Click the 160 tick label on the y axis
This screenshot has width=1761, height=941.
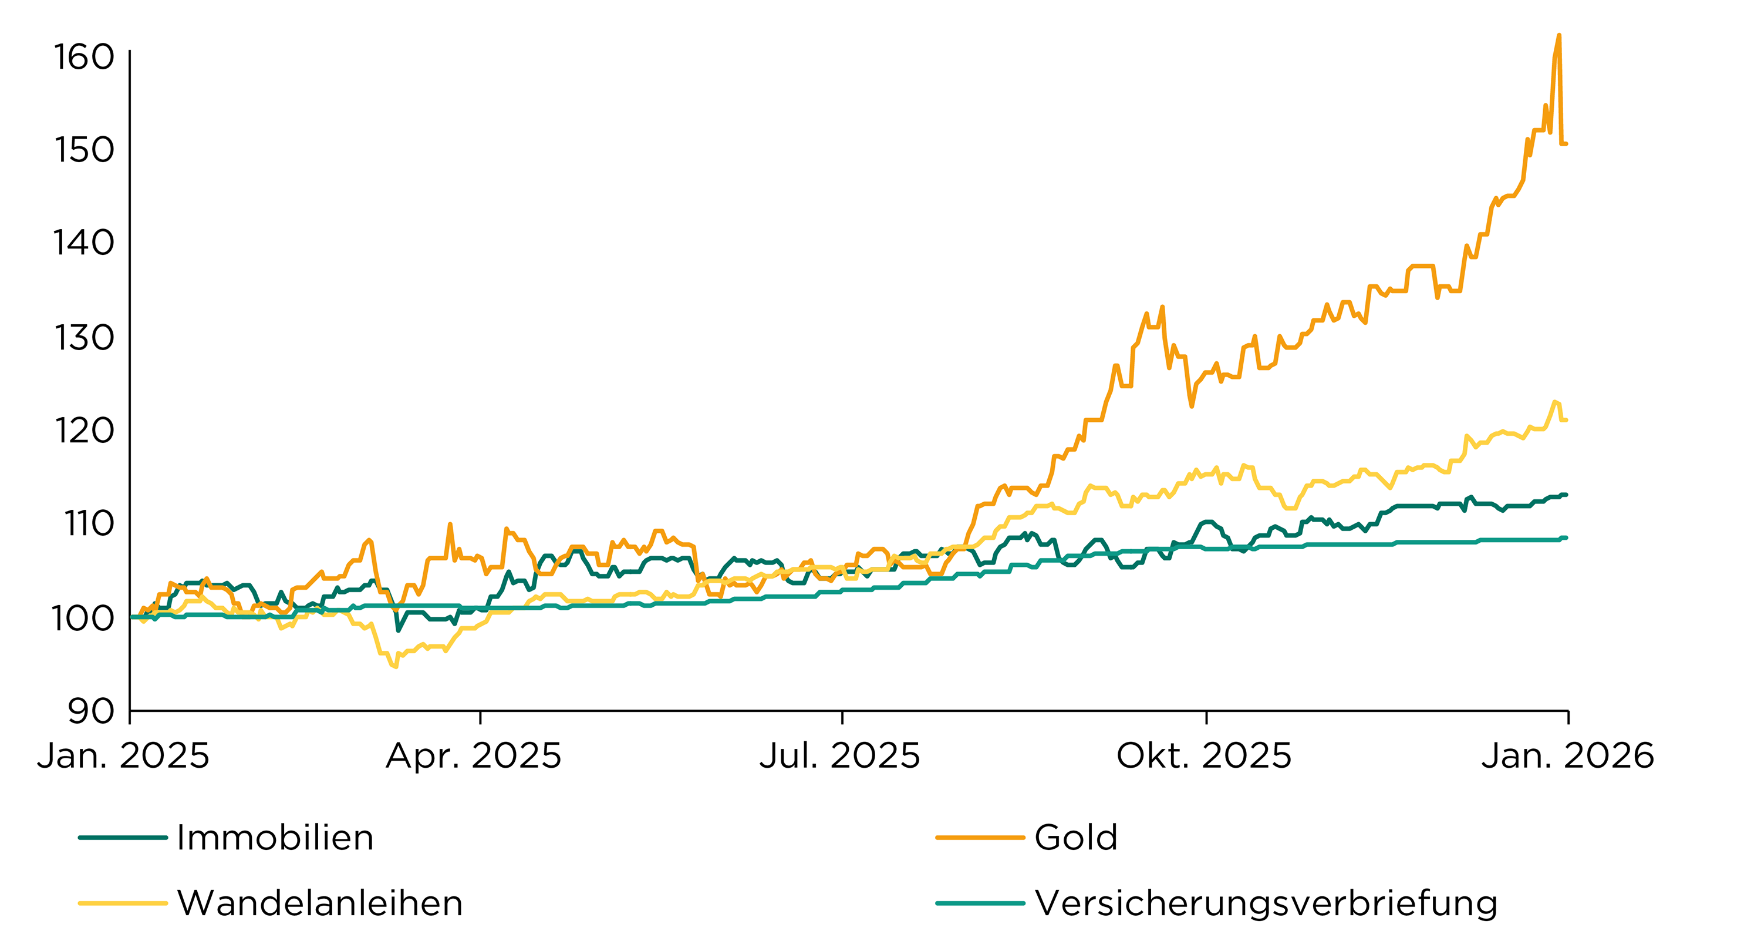pos(84,58)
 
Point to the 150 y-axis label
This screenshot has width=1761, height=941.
pos(84,150)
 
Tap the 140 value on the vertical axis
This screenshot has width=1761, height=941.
pos(84,243)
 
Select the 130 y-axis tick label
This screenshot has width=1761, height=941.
pos(84,338)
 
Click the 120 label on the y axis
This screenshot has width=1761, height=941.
pos(84,431)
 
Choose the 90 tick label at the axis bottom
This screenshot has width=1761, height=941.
pos(91,711)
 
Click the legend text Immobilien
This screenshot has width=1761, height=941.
pos(275,838)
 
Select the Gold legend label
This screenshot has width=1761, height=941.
pos(1076,838)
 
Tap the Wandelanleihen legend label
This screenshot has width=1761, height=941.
pos(320,903)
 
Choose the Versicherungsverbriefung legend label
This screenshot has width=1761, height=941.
pos(1266,903)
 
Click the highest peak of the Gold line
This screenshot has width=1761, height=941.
pos(1558,36)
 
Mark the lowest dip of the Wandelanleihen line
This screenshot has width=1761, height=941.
pos(395,666)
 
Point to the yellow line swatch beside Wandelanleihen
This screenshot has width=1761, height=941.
pos(123,903)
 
